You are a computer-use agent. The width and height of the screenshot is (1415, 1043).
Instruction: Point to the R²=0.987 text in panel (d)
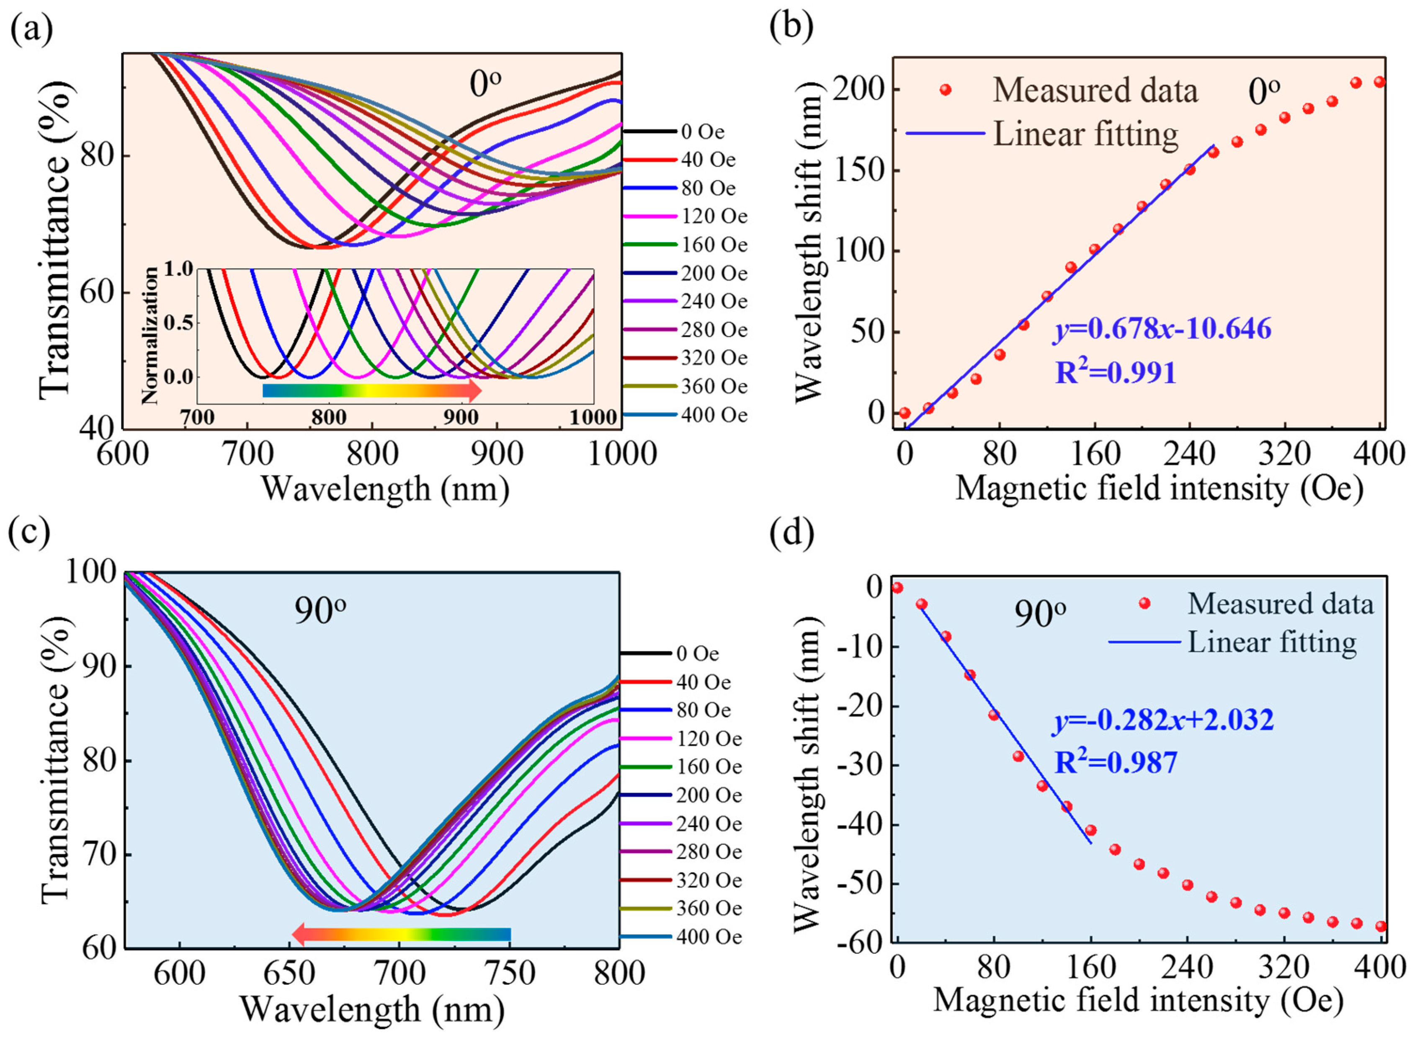click(1116, 762)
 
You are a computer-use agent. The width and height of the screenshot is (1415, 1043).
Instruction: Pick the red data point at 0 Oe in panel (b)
click(905, 413)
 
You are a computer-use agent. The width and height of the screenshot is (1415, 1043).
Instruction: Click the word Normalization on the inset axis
click(150, 335)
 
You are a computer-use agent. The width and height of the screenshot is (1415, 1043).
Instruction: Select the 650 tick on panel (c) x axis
click(290, 973)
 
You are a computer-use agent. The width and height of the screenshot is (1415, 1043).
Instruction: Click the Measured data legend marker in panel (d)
click(1144, 604)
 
